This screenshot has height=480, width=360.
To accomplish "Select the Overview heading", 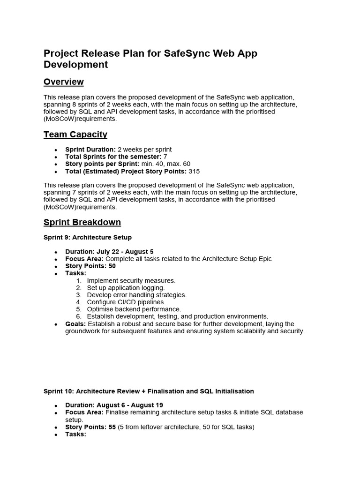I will click(63, 82).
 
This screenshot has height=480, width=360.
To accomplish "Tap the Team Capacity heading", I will click(75, 135).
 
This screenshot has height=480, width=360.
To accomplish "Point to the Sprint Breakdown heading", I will click(82, 222).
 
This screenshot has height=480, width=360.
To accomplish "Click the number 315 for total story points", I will click(194, 172).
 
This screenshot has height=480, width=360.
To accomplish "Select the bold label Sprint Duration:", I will click(90, 150).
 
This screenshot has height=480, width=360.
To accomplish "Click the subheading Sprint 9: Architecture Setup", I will click(87, 238).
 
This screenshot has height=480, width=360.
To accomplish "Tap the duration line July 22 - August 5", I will click(109, 252).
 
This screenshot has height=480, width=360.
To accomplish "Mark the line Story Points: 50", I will click(90, 266).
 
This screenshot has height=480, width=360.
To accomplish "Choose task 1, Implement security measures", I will click(131, 281).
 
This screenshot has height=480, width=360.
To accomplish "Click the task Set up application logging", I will click(126, 288).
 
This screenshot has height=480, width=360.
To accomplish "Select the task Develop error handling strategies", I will click(136, 295).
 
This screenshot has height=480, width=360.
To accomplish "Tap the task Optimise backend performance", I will click(134, 309).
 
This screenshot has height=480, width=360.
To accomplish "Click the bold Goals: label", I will click(75, 324).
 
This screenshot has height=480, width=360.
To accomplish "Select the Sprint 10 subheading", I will click(149, 391).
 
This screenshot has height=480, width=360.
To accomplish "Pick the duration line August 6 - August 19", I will click(114, 405).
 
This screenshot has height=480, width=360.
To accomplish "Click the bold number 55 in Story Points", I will click(112, 427).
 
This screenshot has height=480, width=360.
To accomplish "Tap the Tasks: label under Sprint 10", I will click(75, 434).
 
